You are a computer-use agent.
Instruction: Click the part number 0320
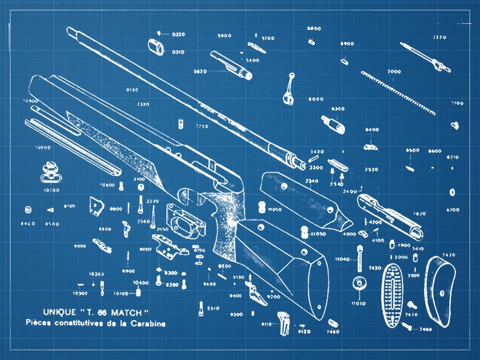click(178, 34)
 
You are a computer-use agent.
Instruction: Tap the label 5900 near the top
click(224, 36)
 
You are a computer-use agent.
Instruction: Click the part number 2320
click(440, 37)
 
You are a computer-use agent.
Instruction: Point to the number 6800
click(314, 28)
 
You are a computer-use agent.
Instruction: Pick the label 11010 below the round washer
click(358, 303)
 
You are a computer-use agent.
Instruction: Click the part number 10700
click(52, 190)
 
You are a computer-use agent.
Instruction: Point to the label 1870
click(419, 214)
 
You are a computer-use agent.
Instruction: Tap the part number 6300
click(338, 109)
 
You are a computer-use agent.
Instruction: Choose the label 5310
click(213, 308)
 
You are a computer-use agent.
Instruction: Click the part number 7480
click(333, 332)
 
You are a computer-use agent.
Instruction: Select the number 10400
click(141, 283)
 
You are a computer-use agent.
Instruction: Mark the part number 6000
click(316, 99)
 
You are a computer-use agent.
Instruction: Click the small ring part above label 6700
click(452, 192)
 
